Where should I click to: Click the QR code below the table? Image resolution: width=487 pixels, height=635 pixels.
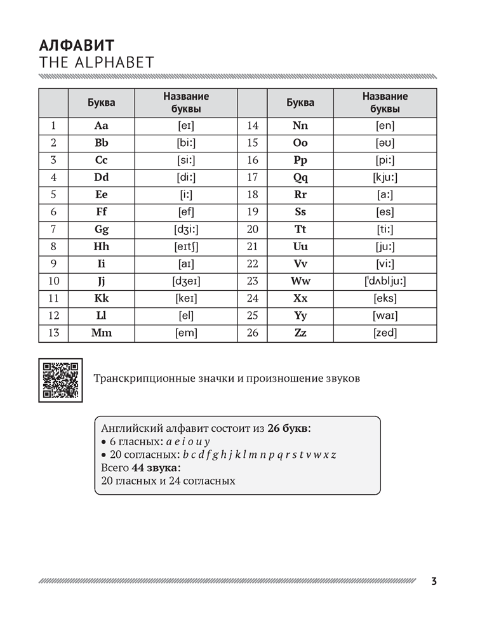[x=62, y=379]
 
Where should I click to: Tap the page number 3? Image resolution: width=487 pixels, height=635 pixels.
[x=434, y=581]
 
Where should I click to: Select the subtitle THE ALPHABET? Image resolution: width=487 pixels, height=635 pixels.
[x=97, y=62]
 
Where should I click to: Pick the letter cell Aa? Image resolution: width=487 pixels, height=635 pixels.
[x=102, y=126]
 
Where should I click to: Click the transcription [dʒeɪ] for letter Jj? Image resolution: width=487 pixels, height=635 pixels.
[x=186, y=281]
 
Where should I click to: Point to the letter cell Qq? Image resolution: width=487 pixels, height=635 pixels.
[x=300, y=178]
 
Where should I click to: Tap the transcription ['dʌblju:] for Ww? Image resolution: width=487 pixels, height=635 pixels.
[x=385, y=281]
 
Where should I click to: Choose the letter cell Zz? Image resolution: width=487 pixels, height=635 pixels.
[x=300, y=333]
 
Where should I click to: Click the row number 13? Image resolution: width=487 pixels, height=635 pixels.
[x=53, y=333]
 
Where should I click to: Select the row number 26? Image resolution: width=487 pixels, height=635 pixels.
[x=252, y=333]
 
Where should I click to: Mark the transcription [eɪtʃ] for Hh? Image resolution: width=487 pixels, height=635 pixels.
[x=186, y=246]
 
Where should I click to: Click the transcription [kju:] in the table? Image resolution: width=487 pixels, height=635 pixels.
[x=385, y=178]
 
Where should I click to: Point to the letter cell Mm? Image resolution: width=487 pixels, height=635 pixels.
[x=102, y=333]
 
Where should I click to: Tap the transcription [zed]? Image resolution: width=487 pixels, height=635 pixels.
[x=385, y=333]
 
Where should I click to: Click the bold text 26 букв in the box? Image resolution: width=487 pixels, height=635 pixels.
[x=289, y=429]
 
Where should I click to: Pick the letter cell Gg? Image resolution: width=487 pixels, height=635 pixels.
[x=102, y=229]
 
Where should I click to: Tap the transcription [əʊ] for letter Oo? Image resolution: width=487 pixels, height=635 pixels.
[x=385, y=143]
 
